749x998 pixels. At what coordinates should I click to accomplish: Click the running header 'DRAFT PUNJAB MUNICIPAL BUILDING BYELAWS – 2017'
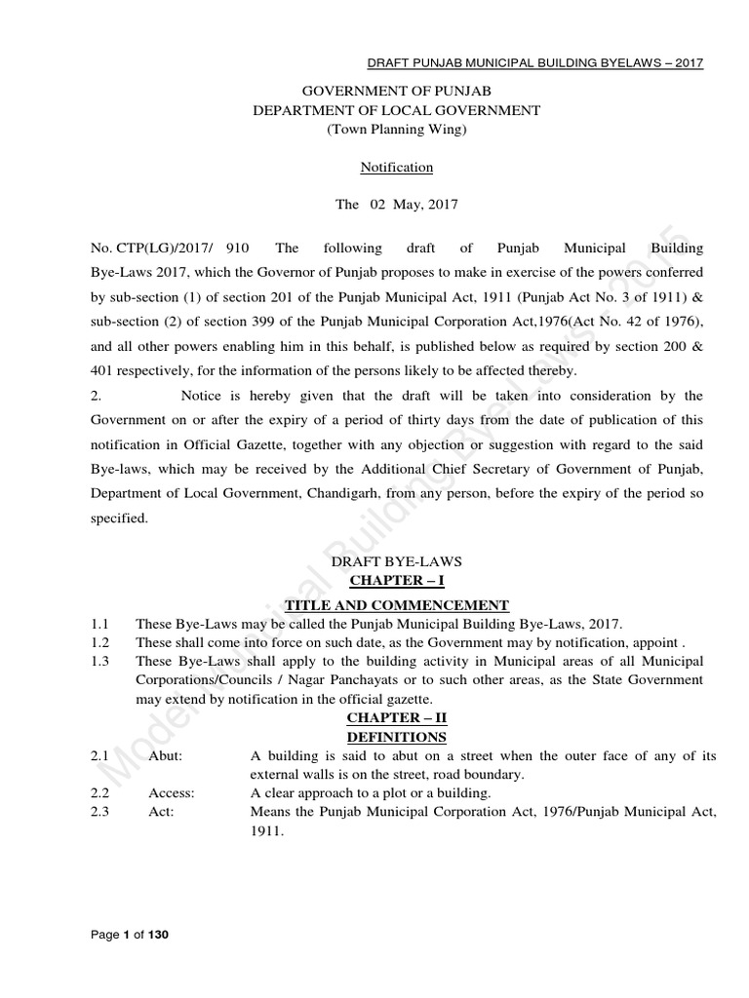coord(534,63)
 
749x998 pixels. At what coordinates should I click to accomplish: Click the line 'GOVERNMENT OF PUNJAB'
coord(396,93)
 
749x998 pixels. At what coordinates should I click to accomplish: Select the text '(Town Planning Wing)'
coord(396,130)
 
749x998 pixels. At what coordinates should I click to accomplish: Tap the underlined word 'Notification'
coord(396,168)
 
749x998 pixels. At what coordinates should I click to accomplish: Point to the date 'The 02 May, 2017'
coord(396,206)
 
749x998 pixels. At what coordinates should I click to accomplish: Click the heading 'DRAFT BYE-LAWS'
coord(396,562)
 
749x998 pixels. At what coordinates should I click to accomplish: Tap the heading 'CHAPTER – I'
coord(396,583)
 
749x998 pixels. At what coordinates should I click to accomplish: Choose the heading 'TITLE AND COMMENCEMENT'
coord(396,604)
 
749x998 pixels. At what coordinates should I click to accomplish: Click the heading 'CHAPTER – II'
coord(396,719)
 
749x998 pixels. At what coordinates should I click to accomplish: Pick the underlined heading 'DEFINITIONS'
coord(396,738)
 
